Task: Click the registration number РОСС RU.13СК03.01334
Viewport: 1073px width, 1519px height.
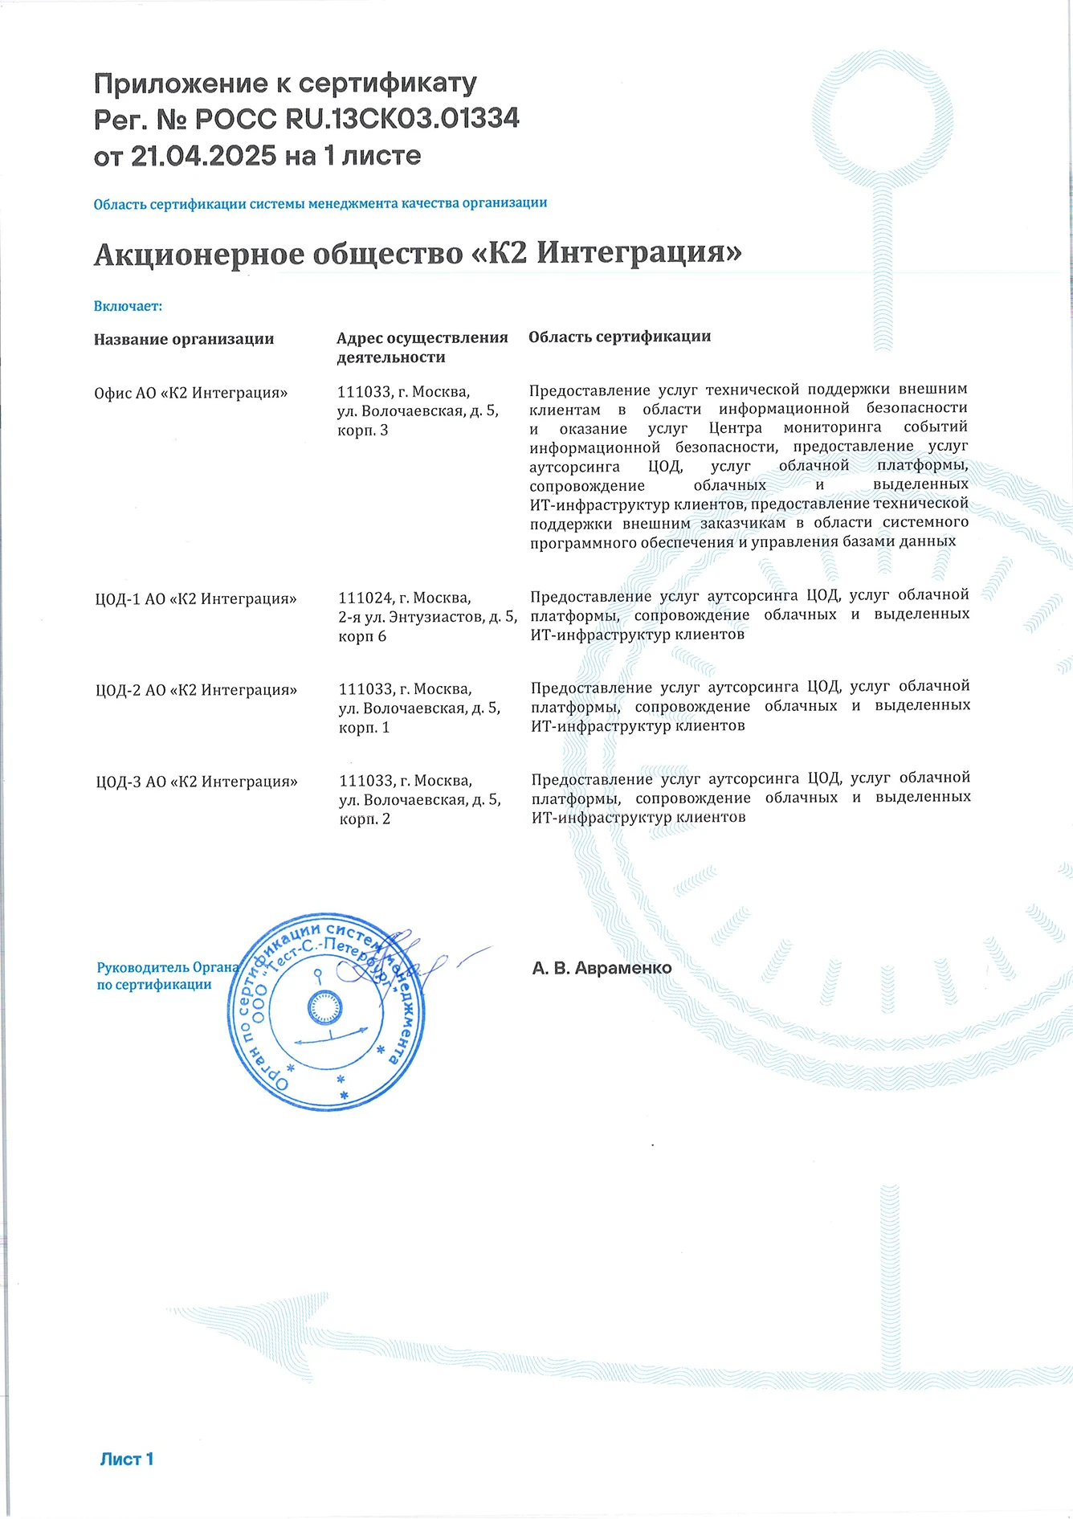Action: (x=357, y=119)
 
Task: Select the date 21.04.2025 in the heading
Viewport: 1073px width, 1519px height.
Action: (x=203, y=156)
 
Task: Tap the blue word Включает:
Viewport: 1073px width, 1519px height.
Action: (x=128, y=306)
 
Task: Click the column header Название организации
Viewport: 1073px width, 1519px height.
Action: (x=184, y=339)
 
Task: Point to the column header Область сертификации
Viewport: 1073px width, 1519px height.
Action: (x=619, y=337)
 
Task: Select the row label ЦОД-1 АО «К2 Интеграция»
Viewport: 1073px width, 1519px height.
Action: (x=195, y=598)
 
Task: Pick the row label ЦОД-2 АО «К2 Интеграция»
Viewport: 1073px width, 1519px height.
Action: (x=196, y=690)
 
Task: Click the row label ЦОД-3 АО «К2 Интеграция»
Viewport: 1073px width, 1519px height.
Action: (x=196, y=782)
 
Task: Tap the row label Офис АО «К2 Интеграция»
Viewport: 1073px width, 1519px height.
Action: (x=190, y=393)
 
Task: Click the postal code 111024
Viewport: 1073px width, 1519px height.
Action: (x=365, y=598)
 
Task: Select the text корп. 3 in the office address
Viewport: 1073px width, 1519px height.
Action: (x=362, y=431)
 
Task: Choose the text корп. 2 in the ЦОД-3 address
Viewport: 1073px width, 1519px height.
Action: (x=365, y=819)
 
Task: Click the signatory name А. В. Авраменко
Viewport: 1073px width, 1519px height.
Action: (x=602, y=968)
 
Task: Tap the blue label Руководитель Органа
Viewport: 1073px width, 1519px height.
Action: (x=167, y=967)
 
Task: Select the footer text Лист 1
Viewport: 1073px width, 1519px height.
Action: (x=126, y=1459)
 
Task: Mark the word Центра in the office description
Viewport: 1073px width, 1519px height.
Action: (x=735, y=427)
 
